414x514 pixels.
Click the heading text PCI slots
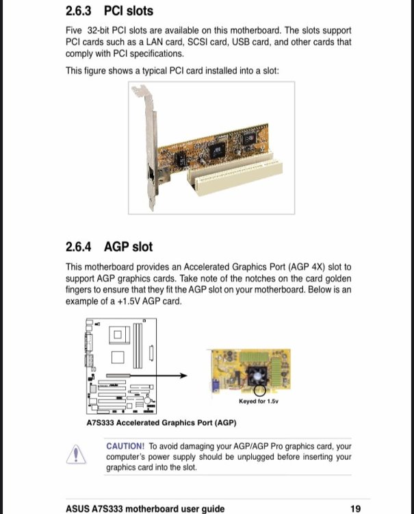pyautogui.click(x=129, y=11)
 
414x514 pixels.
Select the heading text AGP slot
pyautogui.click(x=129, y=246)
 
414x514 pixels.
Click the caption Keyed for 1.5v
pyautogui.click(x=259, y=401)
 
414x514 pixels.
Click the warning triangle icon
pyautogui.click(x=77, y=454)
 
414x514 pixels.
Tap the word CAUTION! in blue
pyautogui.click(x=125, y=446)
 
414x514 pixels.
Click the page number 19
pyautogui.click(x=355, y=509)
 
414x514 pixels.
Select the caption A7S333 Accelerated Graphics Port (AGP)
pyautogui.click(x=161, y=422)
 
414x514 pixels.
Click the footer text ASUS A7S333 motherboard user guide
pyautogui.click(x=145, y=509)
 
